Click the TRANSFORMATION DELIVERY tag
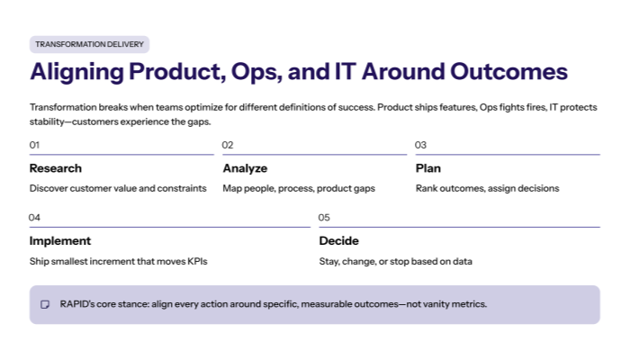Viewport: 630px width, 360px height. (x=89, y=44)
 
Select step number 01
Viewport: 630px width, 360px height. (x=35, y=145)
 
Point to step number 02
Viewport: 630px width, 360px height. (x=228, y=145)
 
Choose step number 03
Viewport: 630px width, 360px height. (x=420, y=145)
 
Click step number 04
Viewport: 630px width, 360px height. (x=35, y=218)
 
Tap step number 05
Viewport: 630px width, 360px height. (x=325, y=218)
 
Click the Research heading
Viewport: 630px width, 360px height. (x=56, y=168)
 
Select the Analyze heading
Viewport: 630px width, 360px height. (x=245, y=168)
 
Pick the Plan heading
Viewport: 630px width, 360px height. (x=428, y=168)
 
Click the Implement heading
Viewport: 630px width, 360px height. (x=60, y=241)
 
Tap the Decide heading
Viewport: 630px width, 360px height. (x=339, y=241)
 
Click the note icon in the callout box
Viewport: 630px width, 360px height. (x=45, y=305)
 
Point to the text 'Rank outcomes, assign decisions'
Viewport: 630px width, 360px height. (x=487, y=189)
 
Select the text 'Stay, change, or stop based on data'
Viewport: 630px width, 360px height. (x=396, y=262)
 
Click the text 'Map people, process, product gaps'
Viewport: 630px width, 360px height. (x=299, y=189)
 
